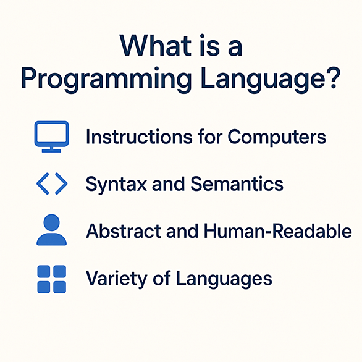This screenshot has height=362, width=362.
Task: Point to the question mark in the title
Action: pos(332,77)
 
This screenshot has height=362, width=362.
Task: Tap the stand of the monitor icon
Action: pos(51,149)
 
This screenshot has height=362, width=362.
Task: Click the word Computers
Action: pos(277,137)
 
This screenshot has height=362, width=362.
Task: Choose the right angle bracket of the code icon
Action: pos(61,183)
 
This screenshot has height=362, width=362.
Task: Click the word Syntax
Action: pos(116,185)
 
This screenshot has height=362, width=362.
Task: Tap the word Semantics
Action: pos(237,184)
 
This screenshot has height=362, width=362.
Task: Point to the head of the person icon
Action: pos(51,222)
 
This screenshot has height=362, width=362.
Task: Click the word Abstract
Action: pos(124,230)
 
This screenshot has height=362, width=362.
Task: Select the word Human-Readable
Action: pos(278,230)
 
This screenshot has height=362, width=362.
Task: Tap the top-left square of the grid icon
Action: pos(44,272)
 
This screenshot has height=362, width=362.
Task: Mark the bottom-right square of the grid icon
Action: pos(59,287)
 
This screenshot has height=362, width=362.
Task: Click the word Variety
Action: pos(117,279)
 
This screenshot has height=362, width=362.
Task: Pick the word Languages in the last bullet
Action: pos(224,279)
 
